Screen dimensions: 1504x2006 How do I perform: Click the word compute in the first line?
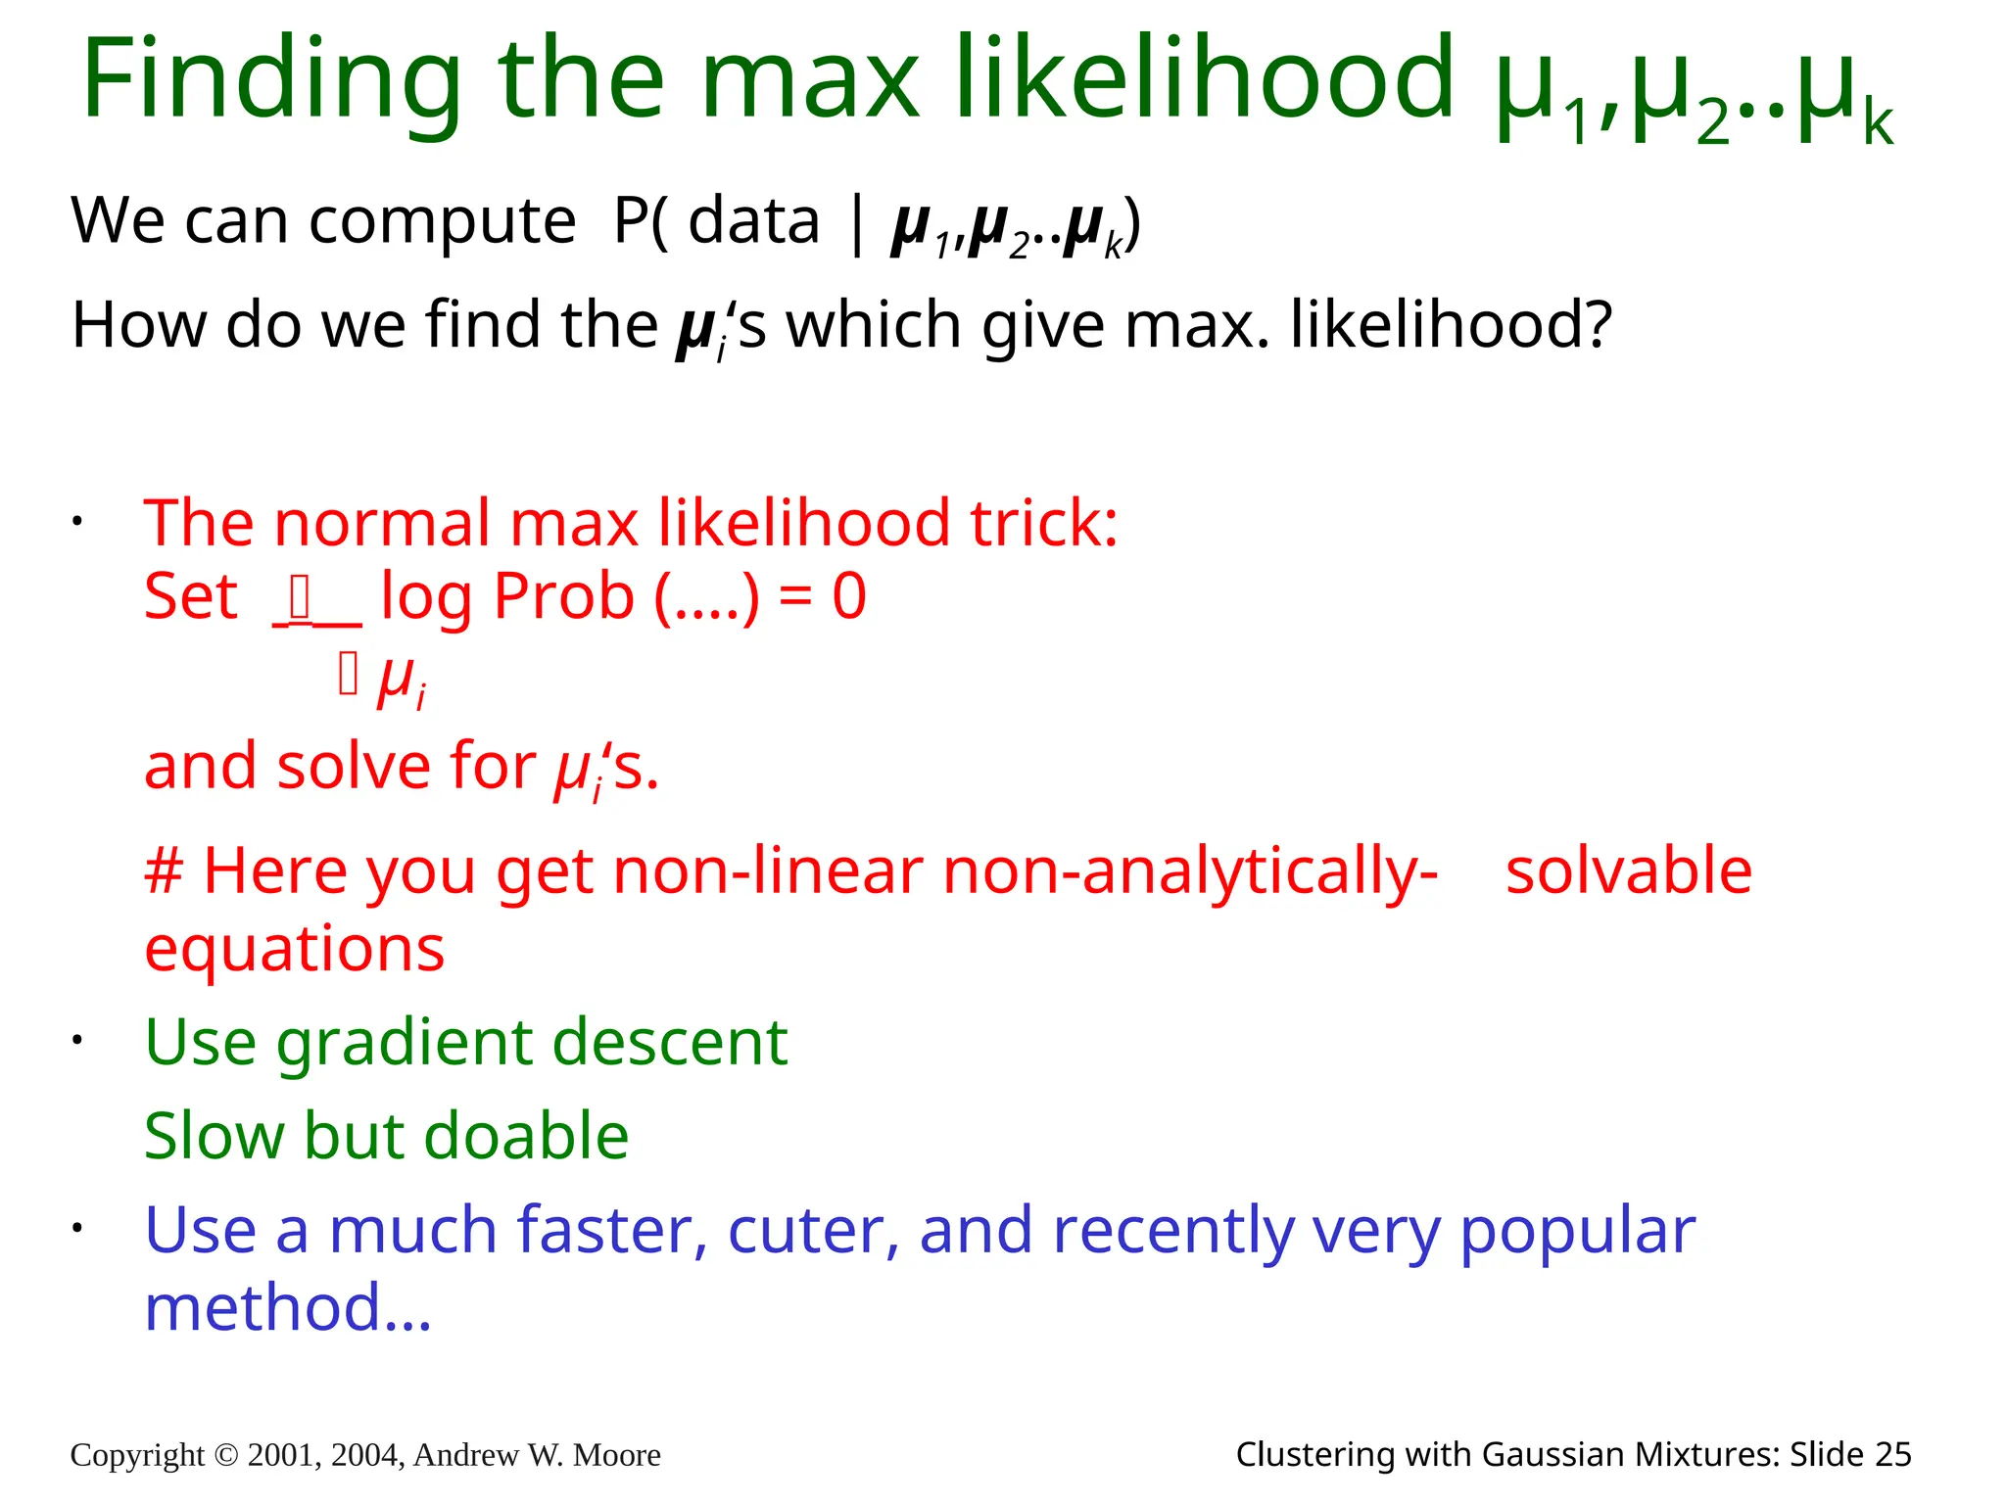pyautogui.click(x=443, y=220)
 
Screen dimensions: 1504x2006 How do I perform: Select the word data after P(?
pyautogui.click(x=753, y=220)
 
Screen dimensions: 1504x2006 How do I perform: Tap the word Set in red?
pyautogui.click(x=190, y=596)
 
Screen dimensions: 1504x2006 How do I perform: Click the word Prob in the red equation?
pyautogui.click(x=564, y=596)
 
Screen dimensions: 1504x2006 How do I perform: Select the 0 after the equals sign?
pyautogui.click(x=849, y=596)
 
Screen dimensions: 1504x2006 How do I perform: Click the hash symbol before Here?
pyautogui.click(x=164, y=870)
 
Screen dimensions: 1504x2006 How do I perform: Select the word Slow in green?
pyautogui.click(x=215, y=1136)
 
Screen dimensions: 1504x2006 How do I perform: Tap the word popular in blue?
pyautogui.click(x=1577, y=1230)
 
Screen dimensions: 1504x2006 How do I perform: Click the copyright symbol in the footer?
pyautogui.click(x=225, y=1455)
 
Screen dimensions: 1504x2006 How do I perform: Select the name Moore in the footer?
pyautogui.click(x=616, y=1455)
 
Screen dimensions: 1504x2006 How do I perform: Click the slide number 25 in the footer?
pyautogui.click(x=1892, y=1455)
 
